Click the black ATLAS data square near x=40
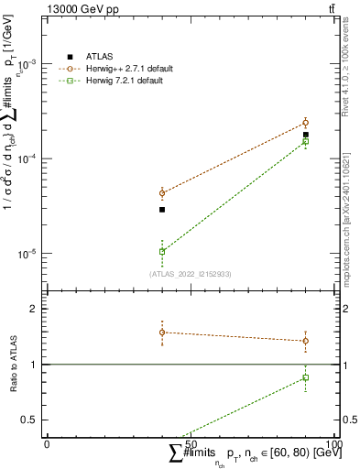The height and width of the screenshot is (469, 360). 162,210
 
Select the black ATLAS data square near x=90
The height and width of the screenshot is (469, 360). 306,135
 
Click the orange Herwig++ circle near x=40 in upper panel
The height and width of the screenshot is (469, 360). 162,193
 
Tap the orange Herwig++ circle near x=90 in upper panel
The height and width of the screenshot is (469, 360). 306,123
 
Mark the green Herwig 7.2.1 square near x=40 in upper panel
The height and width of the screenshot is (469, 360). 162,251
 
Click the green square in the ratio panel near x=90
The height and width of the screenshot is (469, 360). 306,377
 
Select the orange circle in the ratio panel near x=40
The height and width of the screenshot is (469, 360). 162,333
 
